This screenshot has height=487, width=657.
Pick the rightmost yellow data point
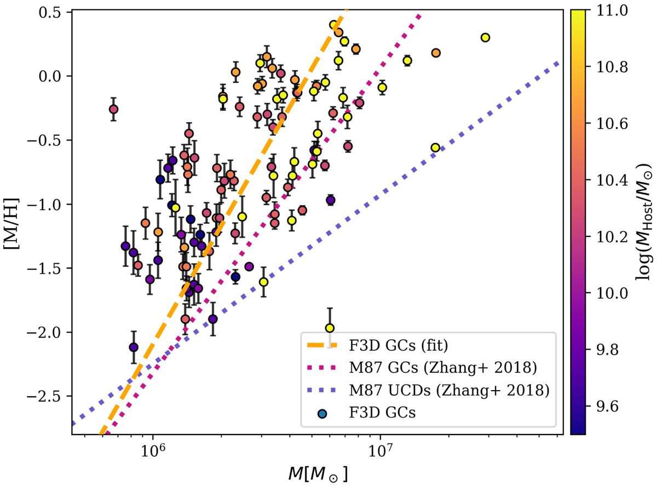click(485, 38)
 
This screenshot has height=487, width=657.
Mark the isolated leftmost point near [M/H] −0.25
click(113, 109)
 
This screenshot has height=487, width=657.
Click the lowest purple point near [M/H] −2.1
click(134, 347)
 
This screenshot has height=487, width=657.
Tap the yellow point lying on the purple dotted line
click(435, 148)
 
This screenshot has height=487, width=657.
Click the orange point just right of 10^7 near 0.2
click(436, 53)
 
